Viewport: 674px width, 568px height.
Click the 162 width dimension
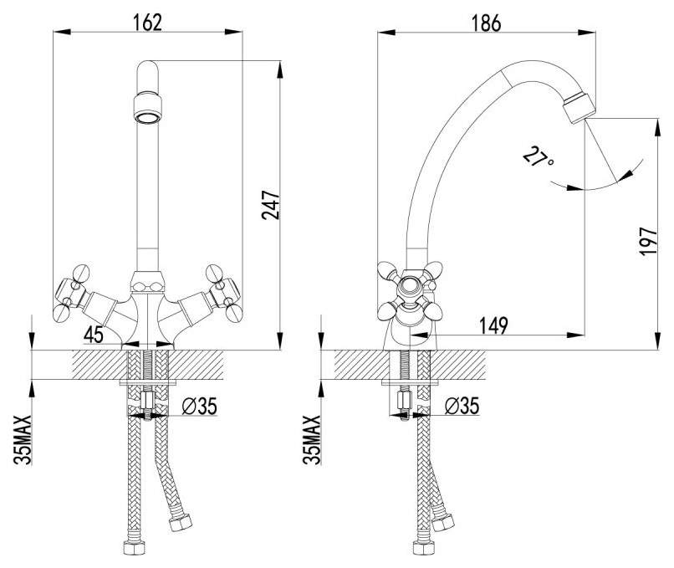(147, 23)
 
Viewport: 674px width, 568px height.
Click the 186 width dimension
(486, 23)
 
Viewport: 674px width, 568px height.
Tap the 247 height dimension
(271, 205)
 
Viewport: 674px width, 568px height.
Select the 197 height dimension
(649, 242)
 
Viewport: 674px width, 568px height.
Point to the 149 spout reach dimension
(494, 325)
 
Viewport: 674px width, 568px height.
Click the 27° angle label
(538, 157)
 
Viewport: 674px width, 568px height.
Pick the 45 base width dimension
(94, 335)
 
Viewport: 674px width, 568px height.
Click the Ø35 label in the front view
(200, 406)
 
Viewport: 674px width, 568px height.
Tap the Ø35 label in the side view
(462, 406)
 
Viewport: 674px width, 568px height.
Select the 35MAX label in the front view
(23, 439)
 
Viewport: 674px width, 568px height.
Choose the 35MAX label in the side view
(312, 439)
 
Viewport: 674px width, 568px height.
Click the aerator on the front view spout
(148, 108)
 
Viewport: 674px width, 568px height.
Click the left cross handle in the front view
(72, 294)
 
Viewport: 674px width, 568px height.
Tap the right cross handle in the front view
(223, 294)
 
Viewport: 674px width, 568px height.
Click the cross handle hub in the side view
(410, 287)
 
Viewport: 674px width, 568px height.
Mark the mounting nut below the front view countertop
(147, 402)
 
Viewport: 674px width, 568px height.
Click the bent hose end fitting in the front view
(181, 523)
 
